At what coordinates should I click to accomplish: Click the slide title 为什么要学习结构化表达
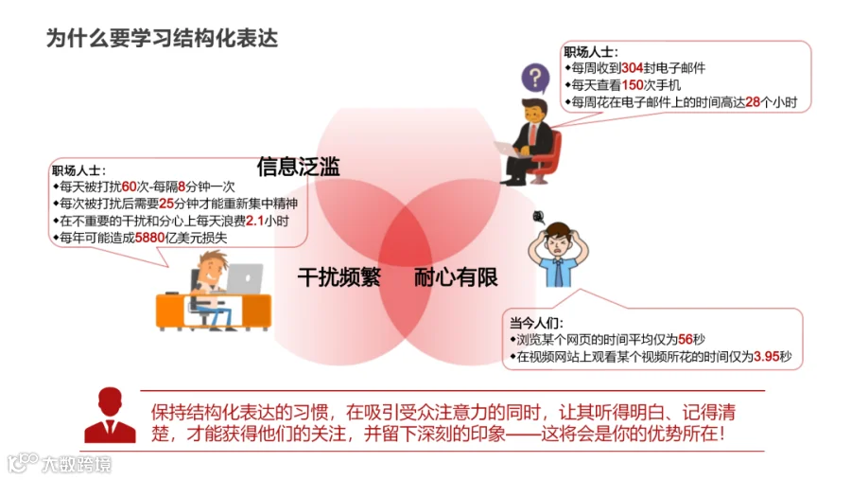coord(162,38)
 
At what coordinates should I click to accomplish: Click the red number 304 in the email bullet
coord(633,68)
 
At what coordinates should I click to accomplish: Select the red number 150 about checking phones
coord(633,85)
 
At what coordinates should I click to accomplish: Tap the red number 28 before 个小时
coord(753,102)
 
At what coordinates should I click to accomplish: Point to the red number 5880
coord(149,238)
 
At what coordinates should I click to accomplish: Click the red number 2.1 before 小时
coord(254,221)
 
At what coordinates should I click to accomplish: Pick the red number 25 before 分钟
coord(166,204)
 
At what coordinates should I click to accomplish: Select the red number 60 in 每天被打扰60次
coord(130,187)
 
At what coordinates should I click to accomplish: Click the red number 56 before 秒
coord(686,340)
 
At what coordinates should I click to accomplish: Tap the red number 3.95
coord(766,357)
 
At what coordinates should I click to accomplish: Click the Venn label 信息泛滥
coord(299,167)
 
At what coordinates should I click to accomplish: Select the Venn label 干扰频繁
coord(339,277)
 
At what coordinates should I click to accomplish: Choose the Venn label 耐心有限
coord(456,277)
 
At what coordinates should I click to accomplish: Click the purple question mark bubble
coord(535,79)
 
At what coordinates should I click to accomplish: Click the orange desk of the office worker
coord(214,311)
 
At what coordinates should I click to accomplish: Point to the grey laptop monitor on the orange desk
coord(245,277)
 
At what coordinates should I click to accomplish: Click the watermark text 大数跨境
coord(77,464)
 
